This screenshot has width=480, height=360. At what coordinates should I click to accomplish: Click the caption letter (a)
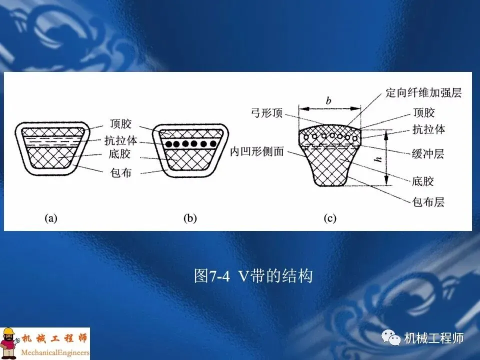point(51,218)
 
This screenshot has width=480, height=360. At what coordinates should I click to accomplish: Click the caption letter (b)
point(190,218)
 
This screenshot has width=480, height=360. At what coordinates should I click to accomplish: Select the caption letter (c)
point(330,218)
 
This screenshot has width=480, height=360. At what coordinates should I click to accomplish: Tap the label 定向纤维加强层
point(423,93)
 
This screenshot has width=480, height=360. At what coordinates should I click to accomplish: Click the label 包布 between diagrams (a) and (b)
point(119,173)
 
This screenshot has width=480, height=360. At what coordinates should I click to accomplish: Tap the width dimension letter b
point(328,101)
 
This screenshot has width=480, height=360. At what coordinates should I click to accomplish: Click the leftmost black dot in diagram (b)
point(170,143)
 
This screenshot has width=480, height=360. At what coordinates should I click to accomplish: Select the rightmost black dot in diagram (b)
point(213,143)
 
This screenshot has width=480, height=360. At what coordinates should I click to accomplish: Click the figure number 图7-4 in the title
point(211,276)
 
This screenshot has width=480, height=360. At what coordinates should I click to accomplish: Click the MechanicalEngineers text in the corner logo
point(54,352)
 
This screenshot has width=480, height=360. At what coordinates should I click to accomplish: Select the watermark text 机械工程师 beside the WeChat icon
point(434,338)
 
